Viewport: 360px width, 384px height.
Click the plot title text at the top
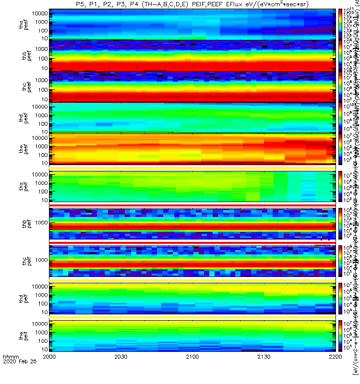tap(192, 4)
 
